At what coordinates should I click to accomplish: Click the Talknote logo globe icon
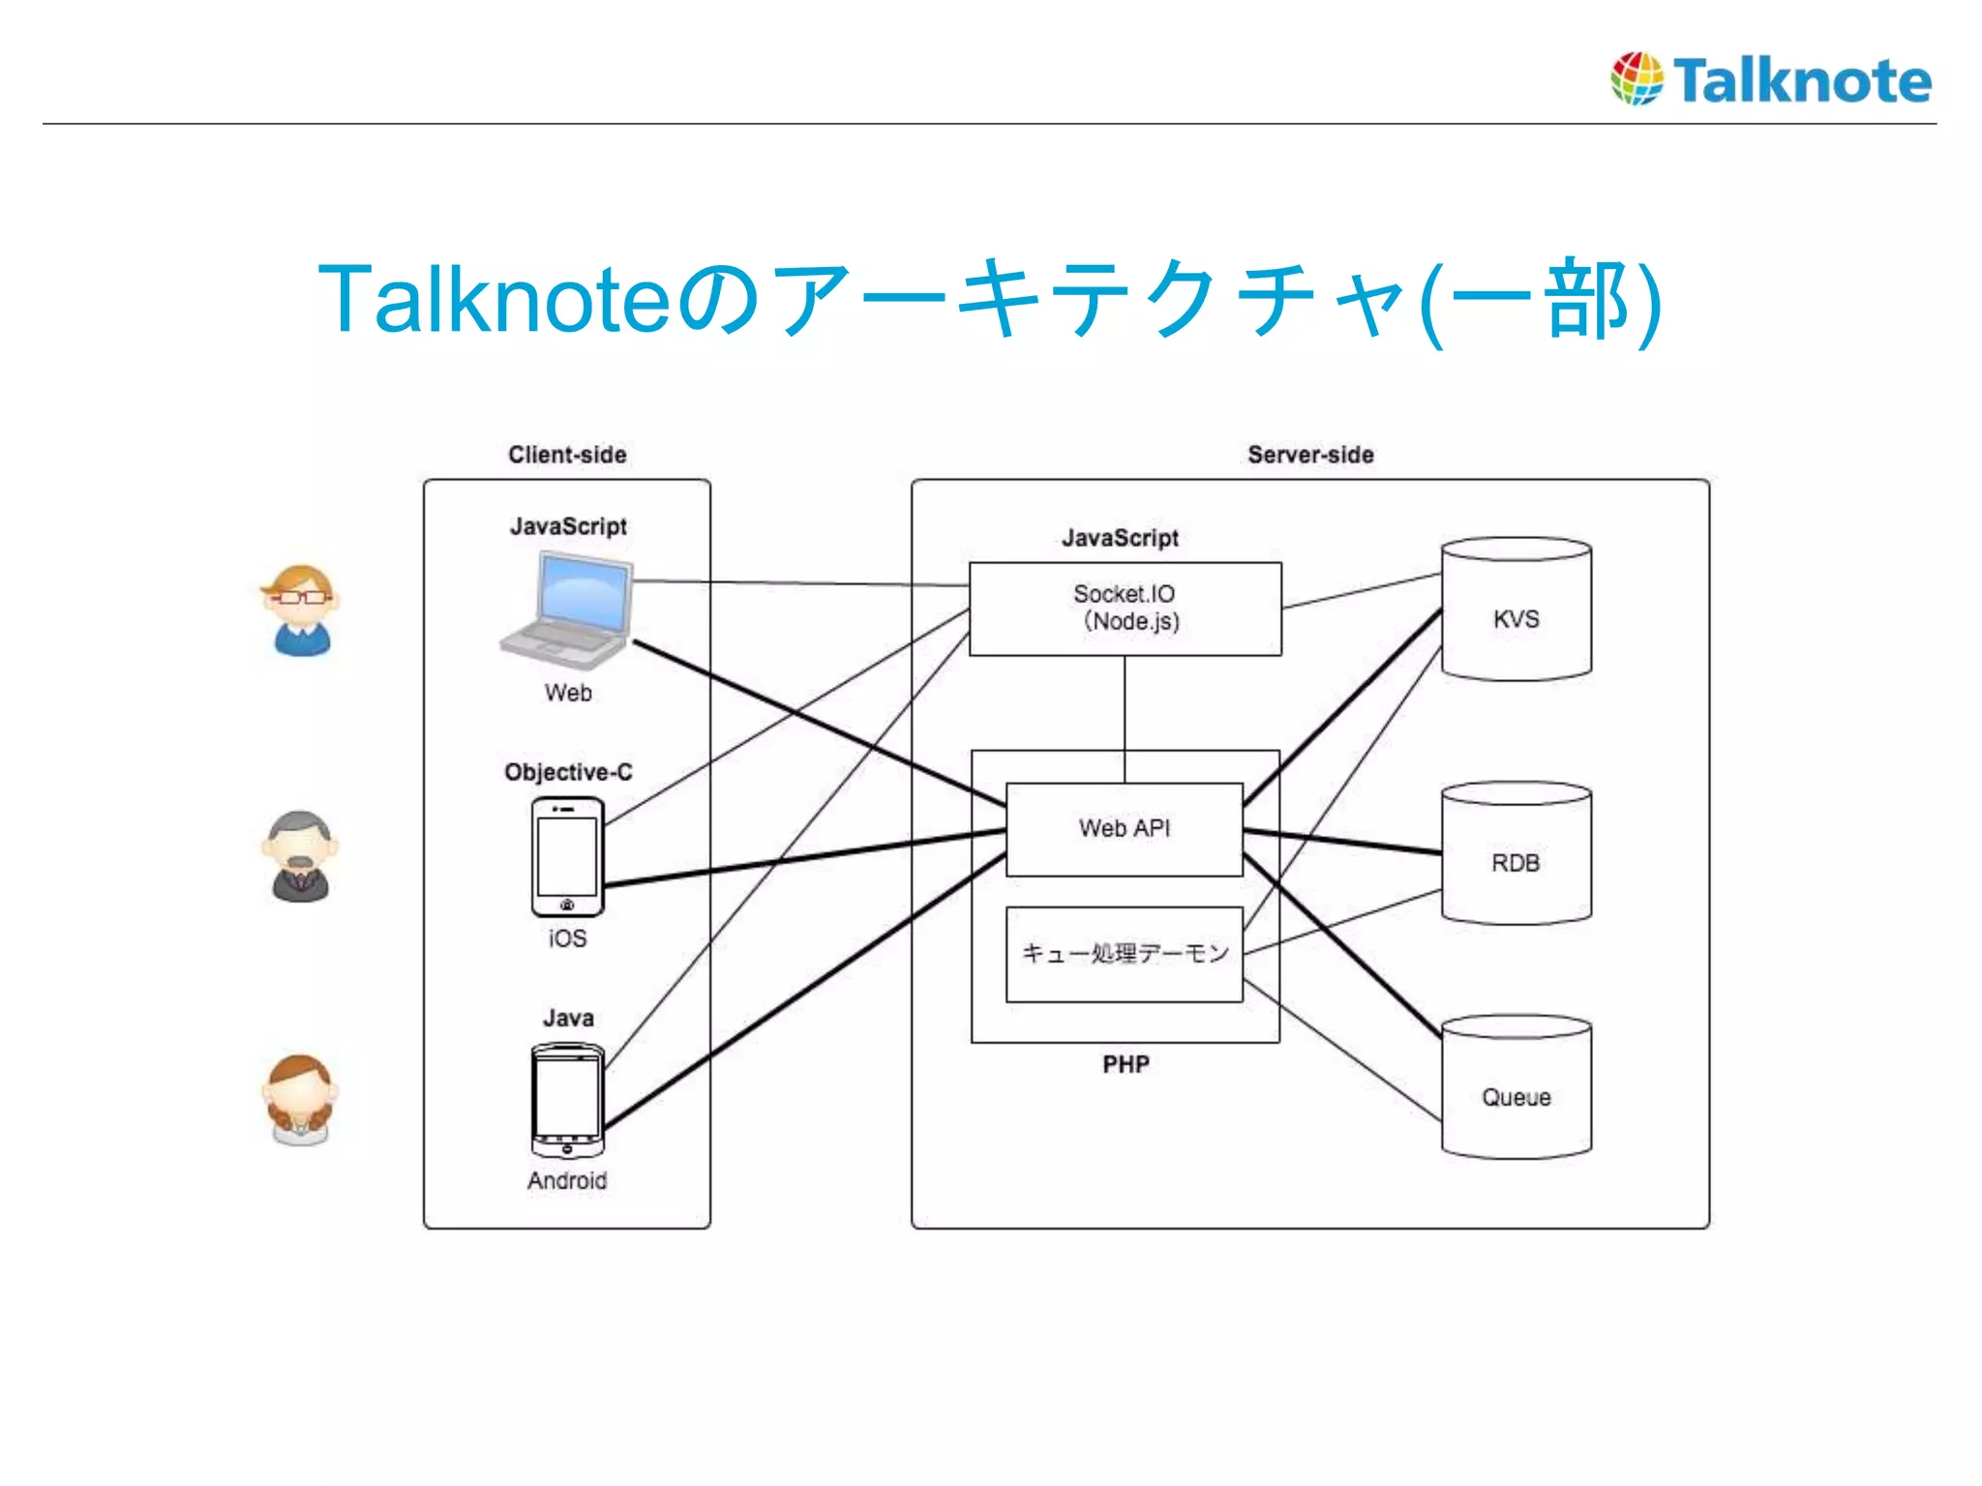(x=1637, y=78)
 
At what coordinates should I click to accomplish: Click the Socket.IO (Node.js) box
(x=1125, y=609)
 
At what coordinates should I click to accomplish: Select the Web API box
(x=1124, y=829)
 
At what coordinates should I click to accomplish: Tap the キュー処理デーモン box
(x=1124, y=954)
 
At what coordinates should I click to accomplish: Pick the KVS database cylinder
(x=1516, y=609)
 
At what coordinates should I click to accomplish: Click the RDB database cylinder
(x=1516, y=853)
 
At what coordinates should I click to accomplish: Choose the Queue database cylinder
(x=1516, y=1087)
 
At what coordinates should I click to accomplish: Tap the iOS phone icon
(x=567, y=856)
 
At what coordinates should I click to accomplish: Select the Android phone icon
(x=567, y=1099)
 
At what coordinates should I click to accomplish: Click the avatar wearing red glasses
(x=301, y=609)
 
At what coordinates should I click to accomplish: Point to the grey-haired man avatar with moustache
(x=300, y=856)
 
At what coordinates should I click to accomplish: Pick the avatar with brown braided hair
(x=300, y=1099)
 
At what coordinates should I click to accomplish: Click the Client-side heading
(x=567, y=455)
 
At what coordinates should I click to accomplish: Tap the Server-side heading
(x=1310, y=455)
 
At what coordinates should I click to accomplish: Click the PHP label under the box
(x=1126, y=1064)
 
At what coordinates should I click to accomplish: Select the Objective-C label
(x=568, y=772)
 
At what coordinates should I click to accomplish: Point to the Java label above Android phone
(x=568, y=1018)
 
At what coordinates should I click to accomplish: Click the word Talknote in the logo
(x=1802, y=80)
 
